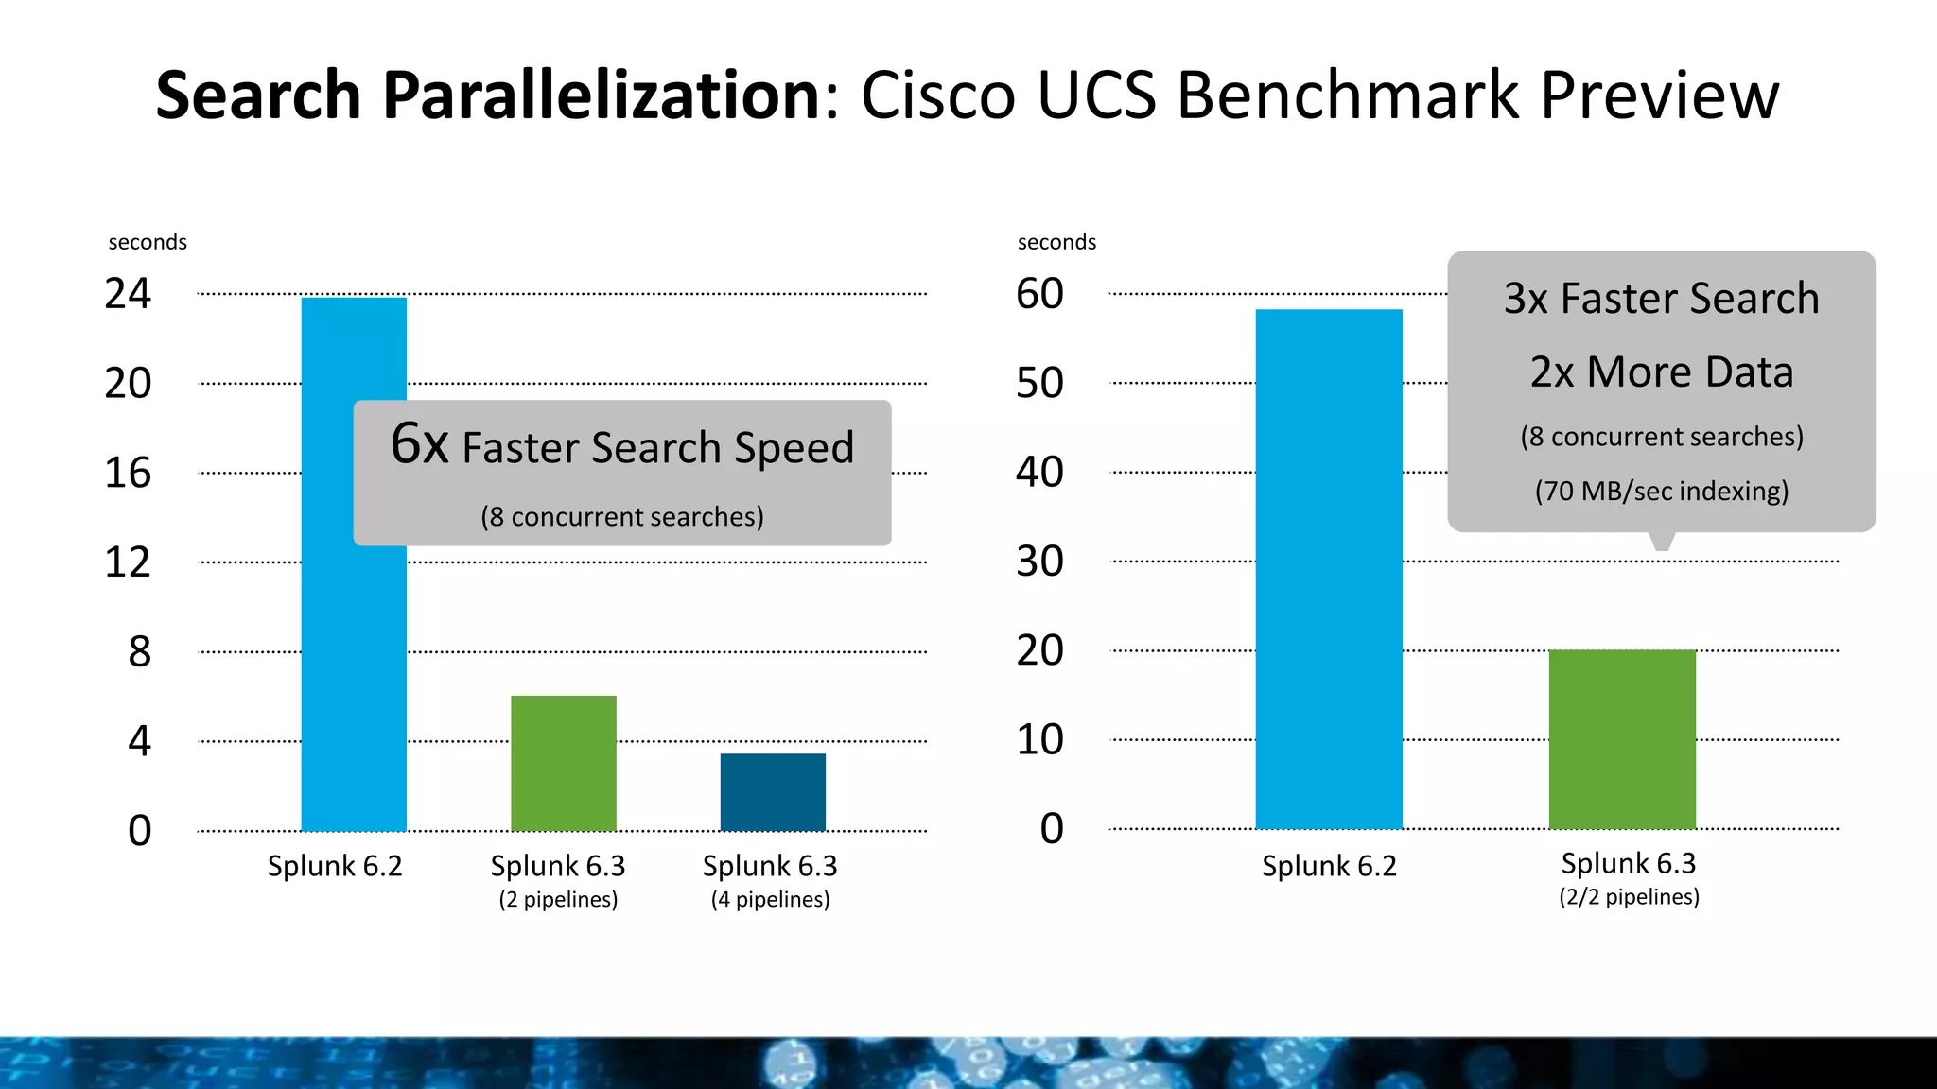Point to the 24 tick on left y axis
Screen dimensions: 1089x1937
click(x=128, y=294)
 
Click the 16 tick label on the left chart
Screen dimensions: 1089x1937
click(x=128, y=473)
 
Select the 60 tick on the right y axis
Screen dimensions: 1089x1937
click(x=1039, y=294)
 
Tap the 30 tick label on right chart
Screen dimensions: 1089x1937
click(x=1039, y=562)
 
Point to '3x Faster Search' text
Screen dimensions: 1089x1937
click(x=1661, y=299)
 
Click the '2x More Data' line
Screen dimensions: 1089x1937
click(x=1661, y=372)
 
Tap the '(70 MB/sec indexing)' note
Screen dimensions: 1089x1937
click(x=1661, y=492)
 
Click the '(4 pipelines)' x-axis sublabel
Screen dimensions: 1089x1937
click(x=770, y=899)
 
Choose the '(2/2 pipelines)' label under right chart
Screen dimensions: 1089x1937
click(x=1629, y=897)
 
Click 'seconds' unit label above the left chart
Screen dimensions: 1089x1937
click(x=148, y=242)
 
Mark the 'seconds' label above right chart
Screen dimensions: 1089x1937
click(x=1056, y=242)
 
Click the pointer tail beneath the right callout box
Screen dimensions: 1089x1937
click(x=1662, y=541)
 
